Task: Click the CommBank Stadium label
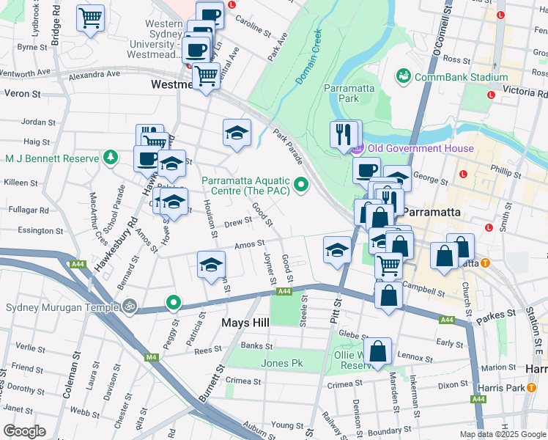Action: coord(461,77)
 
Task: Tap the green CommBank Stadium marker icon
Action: coord(403,76)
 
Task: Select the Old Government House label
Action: coord(421,149)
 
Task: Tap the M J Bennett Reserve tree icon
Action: coord(110,157)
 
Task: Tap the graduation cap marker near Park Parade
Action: coord(237,132)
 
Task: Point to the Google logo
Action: coord(24,431)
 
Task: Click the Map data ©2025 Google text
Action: coord(502,434)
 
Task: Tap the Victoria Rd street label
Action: coord(525,93)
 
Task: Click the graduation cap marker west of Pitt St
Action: coord(336,250)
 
